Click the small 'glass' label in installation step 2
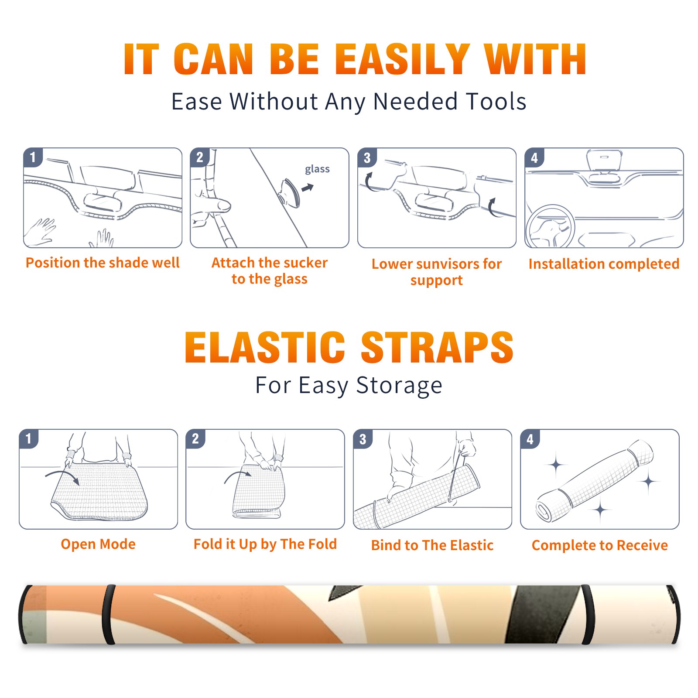(x=317, y=169)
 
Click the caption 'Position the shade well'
(x=103, y=263)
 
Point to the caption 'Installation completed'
(x=604, y=263)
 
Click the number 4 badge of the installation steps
(x=534, y=157)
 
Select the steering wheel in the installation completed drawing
(x=551, y=226)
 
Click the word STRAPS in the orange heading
(x=437, y=347)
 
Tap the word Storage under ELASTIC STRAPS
(x=399, y=386)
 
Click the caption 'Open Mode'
(x=98, y=544)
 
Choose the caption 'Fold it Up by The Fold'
(x=265, y=544)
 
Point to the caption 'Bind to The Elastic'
(x=432, y=545)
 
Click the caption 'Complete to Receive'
(x=600, y=545)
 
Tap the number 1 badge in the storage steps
(x=29, y=439)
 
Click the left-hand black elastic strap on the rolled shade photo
(x=109, y=615)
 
